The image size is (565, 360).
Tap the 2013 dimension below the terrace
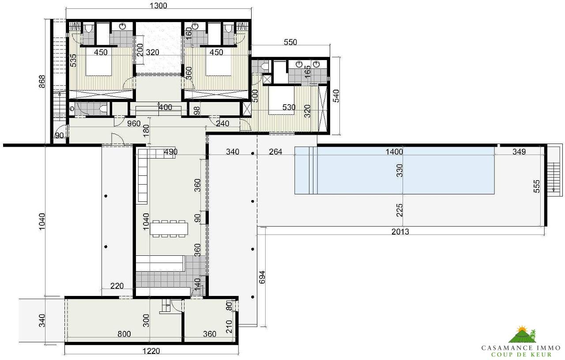(x=400, y=231)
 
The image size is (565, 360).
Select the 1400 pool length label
(x=394, y=152)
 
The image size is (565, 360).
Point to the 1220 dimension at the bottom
(x=151, y=351)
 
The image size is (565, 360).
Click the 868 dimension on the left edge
(x=42, y=83)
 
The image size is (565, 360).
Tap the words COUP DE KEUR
(x=521, y=355)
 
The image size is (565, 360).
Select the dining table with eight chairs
(x=170, y=228)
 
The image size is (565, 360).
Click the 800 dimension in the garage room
(x=124, y=334)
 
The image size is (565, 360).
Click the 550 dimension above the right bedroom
(x=290, y=42)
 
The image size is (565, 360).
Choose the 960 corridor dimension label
(x=134, y=124)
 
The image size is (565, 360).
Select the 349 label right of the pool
(x=519, y=152)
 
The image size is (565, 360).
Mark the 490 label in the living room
(x=170, y=152)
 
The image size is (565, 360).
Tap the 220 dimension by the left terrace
(x=117, y=286)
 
